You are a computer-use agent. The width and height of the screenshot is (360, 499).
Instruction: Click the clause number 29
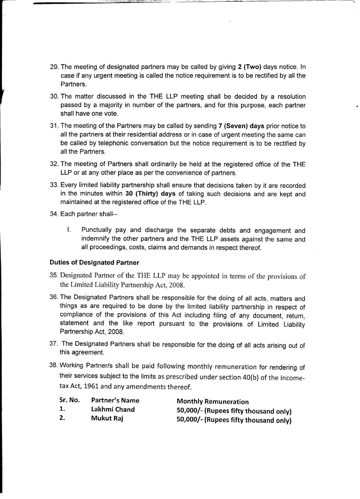point(54,67)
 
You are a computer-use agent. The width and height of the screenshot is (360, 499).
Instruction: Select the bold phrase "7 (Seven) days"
point(241,126)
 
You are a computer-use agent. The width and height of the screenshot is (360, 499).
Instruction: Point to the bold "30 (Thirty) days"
point(150,194)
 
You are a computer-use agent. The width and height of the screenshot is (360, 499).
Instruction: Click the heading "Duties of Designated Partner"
point(94,263)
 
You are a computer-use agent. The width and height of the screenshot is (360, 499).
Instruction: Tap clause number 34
point(54,214)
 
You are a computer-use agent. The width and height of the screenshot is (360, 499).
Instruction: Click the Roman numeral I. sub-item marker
point(68,230)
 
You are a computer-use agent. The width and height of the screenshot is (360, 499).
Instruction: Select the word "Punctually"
point(96,230)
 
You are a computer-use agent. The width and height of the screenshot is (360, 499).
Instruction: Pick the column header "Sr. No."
point(69,400)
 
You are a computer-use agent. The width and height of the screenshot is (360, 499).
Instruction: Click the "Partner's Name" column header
point(115,400)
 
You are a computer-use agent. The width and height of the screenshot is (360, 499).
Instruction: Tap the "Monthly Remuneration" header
point(213,402)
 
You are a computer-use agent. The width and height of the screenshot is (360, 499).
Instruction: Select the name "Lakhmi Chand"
point(113,409)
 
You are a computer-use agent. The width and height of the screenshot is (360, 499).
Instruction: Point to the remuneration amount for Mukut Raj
point(234,420)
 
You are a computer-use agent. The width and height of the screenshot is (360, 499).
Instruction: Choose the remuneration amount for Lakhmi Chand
point(234,411)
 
